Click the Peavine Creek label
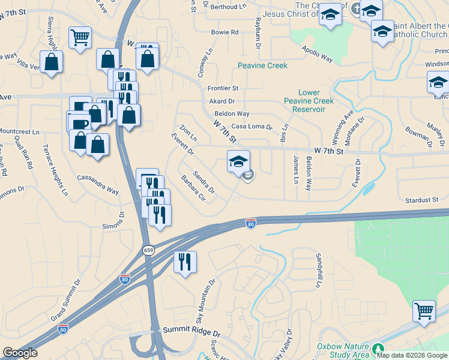pos(262,65)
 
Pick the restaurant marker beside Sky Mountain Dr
pos(185,262)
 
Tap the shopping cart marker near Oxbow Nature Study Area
pos(424,311)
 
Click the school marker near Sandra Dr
pos(238,161)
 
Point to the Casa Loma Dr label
pos(252,127)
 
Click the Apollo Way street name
pos(317,54)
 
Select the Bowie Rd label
pos(225,32)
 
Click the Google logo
pos(20,353)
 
